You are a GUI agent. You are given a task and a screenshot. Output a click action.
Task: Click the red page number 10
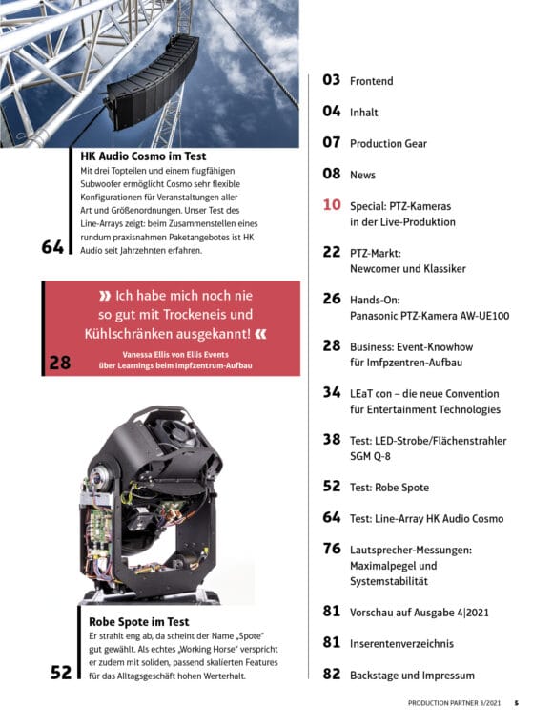332,205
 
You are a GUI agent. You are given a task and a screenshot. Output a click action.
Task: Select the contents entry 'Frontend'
371,81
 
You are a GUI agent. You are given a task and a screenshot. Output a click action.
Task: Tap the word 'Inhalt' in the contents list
363,113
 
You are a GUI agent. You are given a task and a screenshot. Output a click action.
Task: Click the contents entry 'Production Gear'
388,144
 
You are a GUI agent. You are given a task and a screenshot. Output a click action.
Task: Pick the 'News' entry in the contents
362,175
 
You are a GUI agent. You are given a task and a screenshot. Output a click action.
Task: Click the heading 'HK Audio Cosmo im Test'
143,156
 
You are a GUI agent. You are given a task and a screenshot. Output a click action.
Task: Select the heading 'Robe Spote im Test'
138,622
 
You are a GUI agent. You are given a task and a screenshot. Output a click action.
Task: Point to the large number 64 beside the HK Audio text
52,246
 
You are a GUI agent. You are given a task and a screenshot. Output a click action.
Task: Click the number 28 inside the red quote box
60,363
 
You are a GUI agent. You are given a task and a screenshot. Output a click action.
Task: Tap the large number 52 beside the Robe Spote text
61,672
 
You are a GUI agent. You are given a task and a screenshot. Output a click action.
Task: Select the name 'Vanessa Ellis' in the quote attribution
145,354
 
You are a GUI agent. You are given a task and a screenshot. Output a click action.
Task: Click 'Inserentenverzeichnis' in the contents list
401,644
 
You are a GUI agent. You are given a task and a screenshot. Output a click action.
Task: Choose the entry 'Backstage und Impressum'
412,676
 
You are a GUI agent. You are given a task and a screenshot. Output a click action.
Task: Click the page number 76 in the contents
332,549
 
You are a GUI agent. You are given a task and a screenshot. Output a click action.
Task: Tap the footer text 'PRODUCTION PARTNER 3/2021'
454,703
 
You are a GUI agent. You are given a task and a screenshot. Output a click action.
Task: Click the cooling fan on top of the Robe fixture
170,425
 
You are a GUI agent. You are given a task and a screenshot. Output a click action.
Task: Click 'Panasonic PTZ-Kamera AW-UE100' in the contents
429,316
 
